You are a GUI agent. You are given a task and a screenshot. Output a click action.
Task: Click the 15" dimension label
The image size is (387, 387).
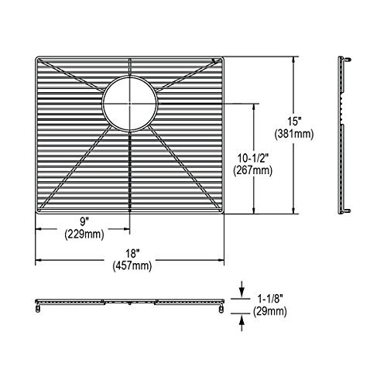(294, 121)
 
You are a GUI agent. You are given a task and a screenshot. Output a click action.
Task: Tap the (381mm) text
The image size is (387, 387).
(294, 134)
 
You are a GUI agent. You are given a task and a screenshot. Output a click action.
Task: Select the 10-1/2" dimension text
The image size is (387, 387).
(253, 158)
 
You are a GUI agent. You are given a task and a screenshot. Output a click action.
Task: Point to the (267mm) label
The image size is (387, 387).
(253, 170)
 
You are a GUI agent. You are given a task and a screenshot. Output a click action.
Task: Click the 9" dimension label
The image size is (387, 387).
(84, 221)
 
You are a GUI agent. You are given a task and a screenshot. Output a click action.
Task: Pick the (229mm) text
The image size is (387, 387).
(84, 235)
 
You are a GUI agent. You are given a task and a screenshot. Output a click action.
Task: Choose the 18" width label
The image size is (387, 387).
(132, 253)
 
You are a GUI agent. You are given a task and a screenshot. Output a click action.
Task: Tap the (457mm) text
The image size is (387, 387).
(132, 265)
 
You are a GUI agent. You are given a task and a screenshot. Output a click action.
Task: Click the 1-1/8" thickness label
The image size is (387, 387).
(271, 299)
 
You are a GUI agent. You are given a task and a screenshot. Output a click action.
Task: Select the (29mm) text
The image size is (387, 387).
(270, 312)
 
